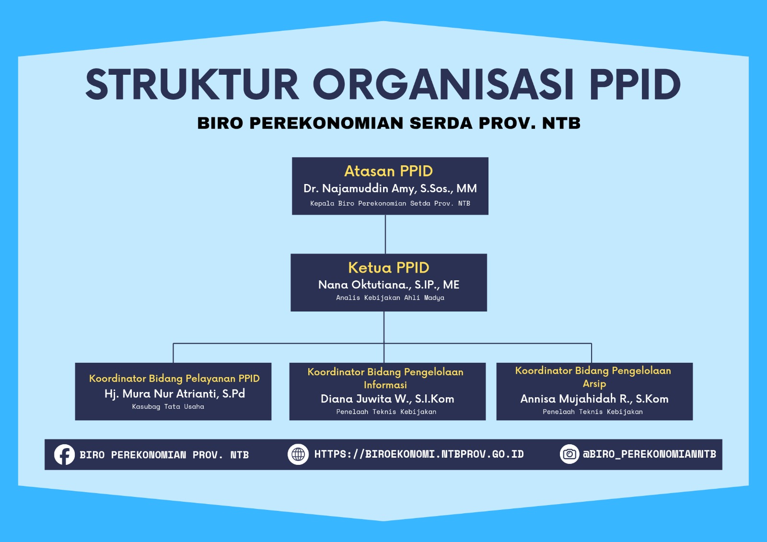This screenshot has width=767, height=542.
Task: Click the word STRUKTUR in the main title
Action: tap(192, 84)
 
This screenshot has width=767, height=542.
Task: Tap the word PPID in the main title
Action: tap(635, 84)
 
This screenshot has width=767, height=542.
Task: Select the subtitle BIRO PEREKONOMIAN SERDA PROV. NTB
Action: tap(389, 123)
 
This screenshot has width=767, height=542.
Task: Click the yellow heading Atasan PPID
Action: tap(388, 171)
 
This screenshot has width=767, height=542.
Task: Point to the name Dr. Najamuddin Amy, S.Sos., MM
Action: tap(390, 188)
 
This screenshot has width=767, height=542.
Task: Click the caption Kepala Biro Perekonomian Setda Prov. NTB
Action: tap(390, 203)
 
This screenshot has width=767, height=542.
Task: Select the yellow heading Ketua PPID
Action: tap(388, 267)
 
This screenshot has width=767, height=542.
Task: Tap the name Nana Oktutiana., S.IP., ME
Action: tap(388, 285)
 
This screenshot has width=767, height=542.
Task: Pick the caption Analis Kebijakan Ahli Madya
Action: tap(390, 298)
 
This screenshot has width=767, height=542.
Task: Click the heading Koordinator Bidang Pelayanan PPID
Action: tap(174, 378)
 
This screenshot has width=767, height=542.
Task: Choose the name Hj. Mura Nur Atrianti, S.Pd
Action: tap(174, 393)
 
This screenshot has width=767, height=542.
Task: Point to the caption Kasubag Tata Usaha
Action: tap(168, 406)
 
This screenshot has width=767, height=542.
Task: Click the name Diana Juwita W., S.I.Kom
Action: tap(387, 399)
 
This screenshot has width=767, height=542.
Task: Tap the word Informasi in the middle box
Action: tap(385, 385)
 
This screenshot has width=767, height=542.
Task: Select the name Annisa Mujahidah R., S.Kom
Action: tap(594, 399)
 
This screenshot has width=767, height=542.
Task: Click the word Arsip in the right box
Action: tap(594, 383)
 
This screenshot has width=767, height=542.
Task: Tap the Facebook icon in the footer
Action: tap(64, 454)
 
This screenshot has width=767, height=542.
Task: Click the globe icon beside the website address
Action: tap(298, 454)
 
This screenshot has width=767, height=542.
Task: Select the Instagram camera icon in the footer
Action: tap(569, 454)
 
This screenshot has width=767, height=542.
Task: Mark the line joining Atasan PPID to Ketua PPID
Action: tap(385, 234)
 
